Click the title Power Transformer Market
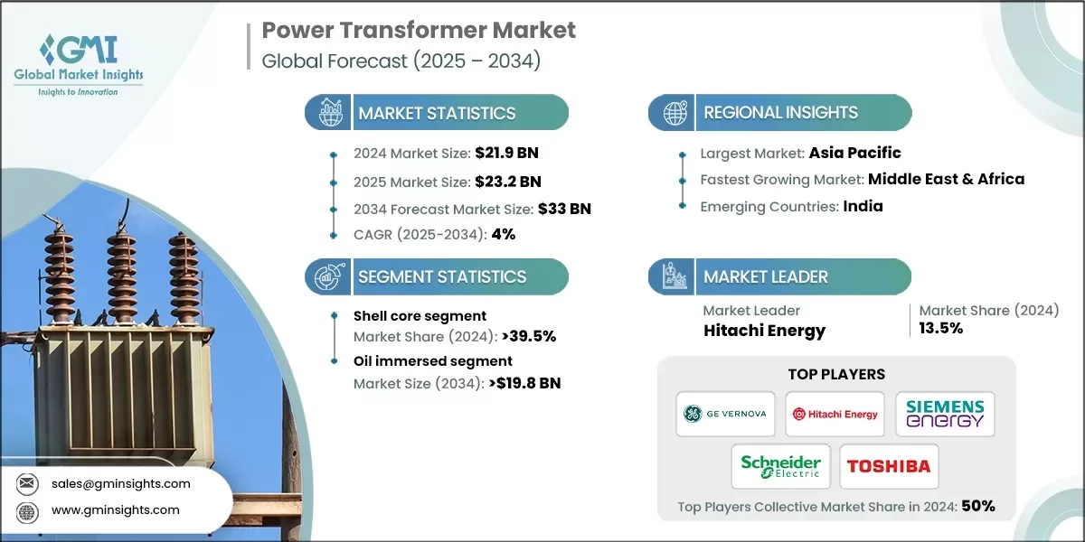point(419,30)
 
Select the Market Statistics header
point(437,113)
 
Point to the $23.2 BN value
point(509,181)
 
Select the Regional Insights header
point(780,113)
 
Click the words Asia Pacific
point(854,153)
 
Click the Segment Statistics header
point(441,276)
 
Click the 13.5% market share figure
point(941,329)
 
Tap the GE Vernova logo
point(726,414)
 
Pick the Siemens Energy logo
point(945,414)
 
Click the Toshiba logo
point(889,466)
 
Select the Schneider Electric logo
point(780,466)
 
